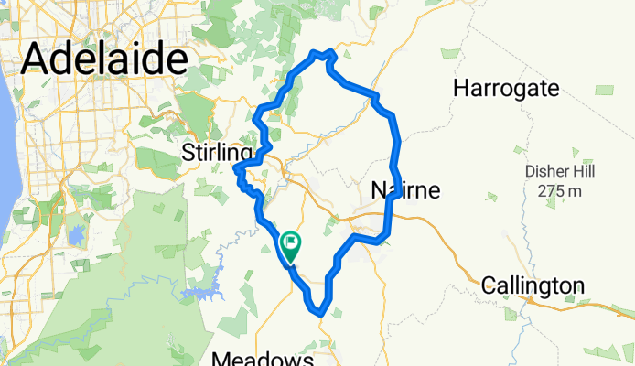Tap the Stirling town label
click(x=217, y=151)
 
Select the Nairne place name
click(x=406, y=191)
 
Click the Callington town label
click(x=533, y=285)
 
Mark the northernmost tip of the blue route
click(x=322, y=52)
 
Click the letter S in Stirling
click(x=189, y=151)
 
